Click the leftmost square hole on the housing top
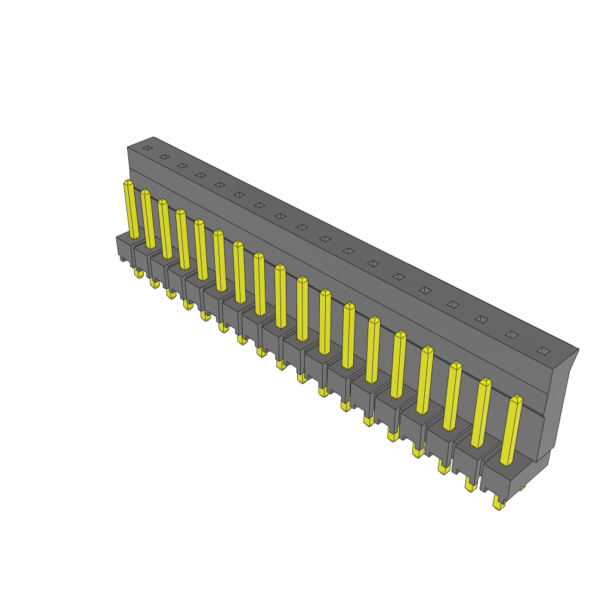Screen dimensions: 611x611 pos(147,147)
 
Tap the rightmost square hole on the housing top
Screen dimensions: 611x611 pos(543,351)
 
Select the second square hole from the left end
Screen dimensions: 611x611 pos(165,157)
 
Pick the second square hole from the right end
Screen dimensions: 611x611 pos(512,335)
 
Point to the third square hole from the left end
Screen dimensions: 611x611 pos(183,165)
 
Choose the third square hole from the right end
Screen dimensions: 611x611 pos(482,319)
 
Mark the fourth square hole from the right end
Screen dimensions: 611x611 pos(453,304)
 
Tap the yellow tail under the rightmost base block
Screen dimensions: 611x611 pos(498,505)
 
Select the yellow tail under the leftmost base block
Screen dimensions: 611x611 pos(138,273)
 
